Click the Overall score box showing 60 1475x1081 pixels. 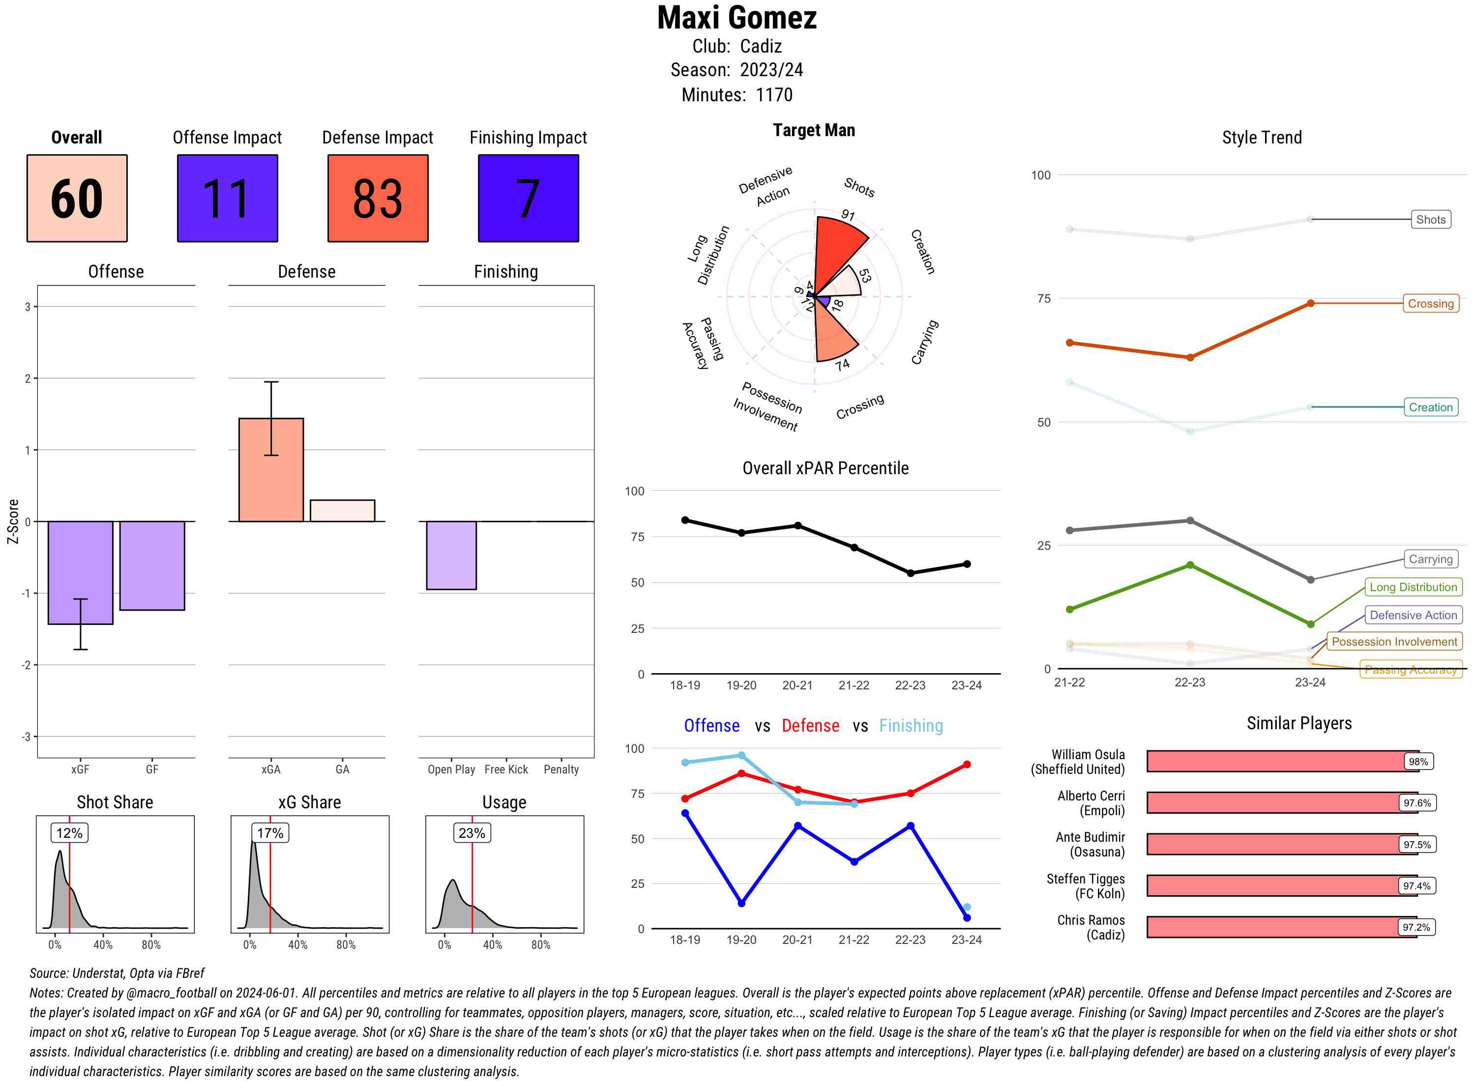(x=77, y=199)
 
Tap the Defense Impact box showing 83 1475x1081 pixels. (x=378, y=199)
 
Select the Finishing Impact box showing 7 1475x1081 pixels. (x=529, y=199)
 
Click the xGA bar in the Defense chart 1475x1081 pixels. (x=271, y=470)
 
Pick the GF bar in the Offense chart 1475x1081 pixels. (x=152, y=566)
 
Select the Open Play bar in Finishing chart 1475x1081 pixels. (x=451, y=555)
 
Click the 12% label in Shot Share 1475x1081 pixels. (x=69, y=833)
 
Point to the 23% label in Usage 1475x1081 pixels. (x=472, y=833)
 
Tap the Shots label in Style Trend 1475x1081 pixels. (x=1430, y=220)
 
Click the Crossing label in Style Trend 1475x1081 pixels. (x=1430, y=304)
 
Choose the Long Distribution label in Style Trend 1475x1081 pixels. (x=1413, y=588)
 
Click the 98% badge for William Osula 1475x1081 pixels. (x=1418, y=762)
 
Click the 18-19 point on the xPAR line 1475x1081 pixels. (x=685, y=520)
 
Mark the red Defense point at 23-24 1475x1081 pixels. (x=966, y=764)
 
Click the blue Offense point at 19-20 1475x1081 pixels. (x=741, y=903)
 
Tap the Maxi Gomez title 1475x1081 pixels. (x=737, y=18)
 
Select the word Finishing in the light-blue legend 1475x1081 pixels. (x=911, y=726)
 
